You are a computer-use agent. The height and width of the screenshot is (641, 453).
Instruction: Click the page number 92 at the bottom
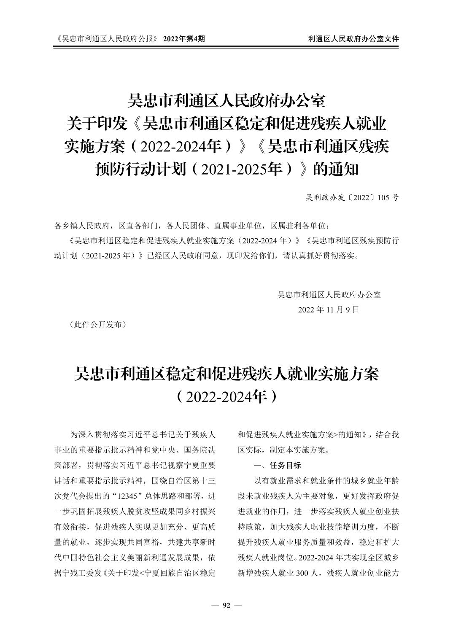click(227, 606)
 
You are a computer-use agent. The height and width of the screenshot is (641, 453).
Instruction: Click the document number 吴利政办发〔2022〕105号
click(352, 197)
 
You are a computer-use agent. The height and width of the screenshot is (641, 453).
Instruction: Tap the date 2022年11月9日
click(329, 310)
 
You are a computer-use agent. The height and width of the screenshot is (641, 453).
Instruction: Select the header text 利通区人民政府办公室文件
click(353, 39)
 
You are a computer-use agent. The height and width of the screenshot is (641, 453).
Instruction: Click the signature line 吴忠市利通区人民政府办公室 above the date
click(329, 295)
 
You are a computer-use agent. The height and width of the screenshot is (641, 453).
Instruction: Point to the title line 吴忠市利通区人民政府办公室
click(227, 102)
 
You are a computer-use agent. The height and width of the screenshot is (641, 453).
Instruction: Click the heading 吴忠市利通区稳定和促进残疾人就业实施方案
click(227, 374)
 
